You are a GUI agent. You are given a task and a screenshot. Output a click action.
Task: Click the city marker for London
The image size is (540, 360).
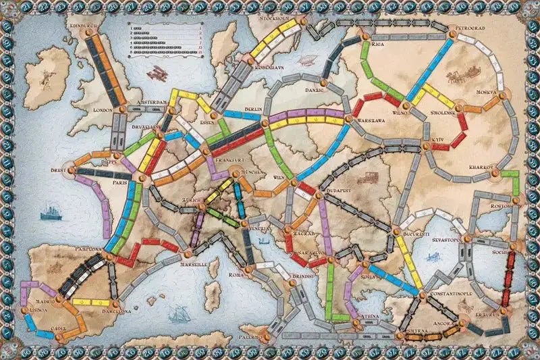(123, 108)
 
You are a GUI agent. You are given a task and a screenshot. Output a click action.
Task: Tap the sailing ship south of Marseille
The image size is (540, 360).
(177, 313)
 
